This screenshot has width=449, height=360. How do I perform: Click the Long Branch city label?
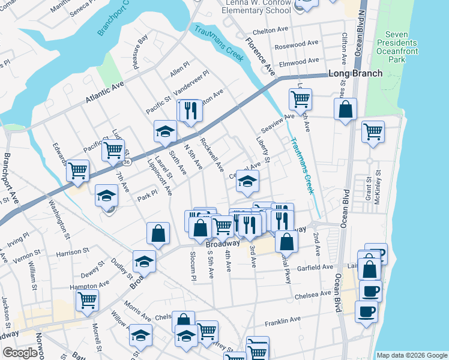[355, 74]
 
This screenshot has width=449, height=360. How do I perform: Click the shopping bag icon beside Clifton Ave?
[346, 110]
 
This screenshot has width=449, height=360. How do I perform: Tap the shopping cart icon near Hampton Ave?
[88, 299]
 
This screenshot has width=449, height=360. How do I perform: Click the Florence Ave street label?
[260, 56]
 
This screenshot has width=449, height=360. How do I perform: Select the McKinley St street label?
[377, 191]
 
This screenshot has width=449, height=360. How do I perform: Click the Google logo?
[20, 353]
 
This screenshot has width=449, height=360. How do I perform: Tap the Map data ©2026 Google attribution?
[412, 355]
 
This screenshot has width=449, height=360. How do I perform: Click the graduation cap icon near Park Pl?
[107, 196]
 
